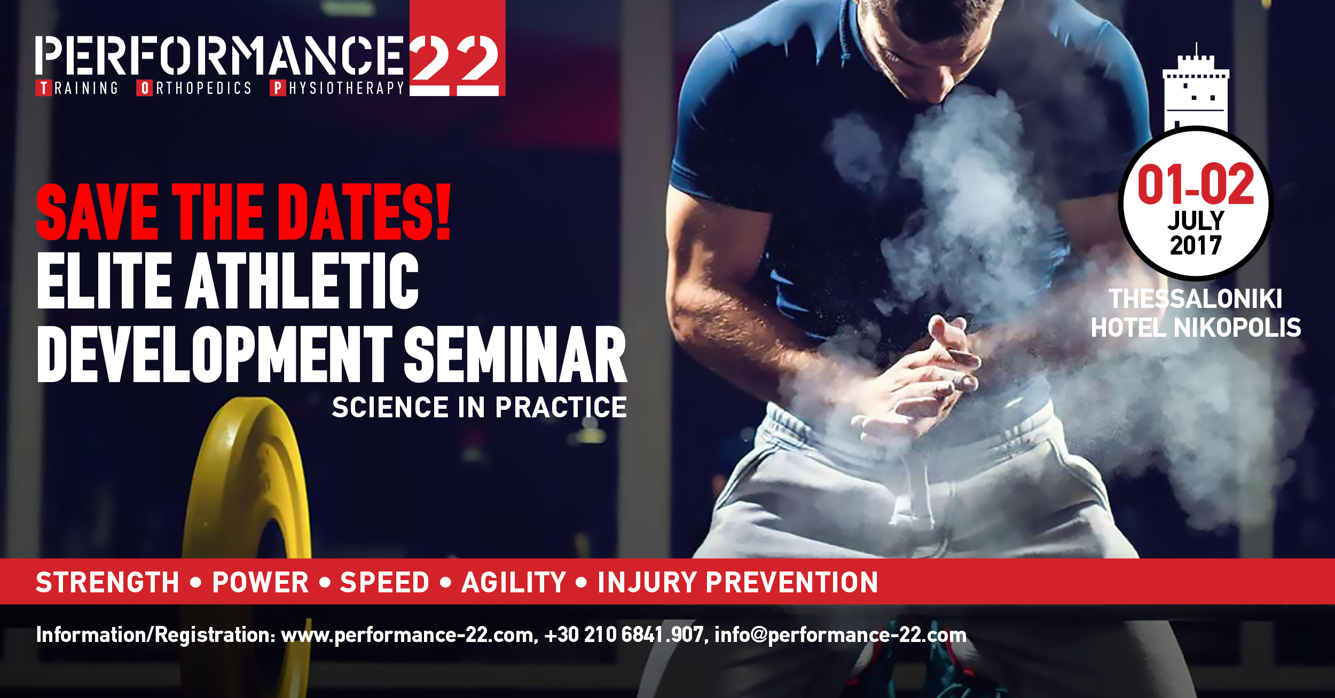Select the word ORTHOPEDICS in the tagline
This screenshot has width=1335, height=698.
[x=194, y=88]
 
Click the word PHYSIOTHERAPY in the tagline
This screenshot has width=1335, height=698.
[x=337, y=88]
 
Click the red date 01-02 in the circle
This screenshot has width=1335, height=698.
[x=1196, y=185]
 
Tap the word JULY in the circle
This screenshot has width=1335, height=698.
[x=1196, y=220]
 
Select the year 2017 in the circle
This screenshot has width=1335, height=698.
[x=1196, y=246]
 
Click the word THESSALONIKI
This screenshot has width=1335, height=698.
[x=1196, y=299]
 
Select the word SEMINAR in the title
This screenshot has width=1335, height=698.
[x=515, y=355]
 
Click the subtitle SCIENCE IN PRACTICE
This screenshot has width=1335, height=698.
[x=479, y=408]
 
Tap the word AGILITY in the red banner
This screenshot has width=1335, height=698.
[x=514, y=582]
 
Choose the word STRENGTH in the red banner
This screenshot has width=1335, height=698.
[x=107, y=582]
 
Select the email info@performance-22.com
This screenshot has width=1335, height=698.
[x=841, y=634]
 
